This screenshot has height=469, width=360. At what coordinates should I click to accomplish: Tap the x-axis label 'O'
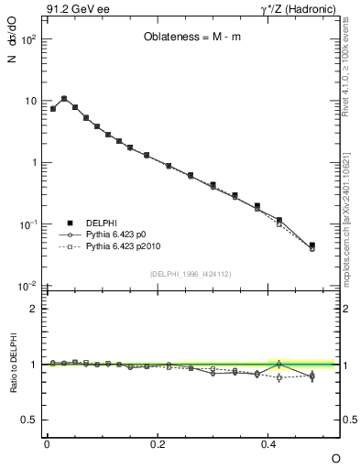pyautogui.click(x=335, y=457)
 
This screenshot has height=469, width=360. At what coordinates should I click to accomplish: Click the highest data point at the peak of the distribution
pyautogui.click(x=64, y=98)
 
